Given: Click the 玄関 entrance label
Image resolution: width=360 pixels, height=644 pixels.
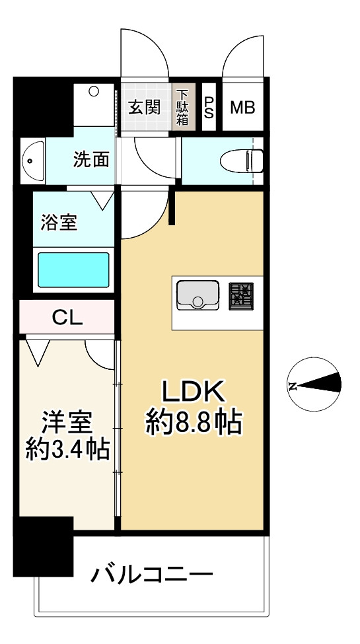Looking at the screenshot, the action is pos(144,108).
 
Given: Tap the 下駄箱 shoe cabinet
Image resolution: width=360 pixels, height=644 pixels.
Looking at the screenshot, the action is pos(183,107).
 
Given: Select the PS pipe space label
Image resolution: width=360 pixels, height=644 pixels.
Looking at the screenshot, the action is pos(209,108).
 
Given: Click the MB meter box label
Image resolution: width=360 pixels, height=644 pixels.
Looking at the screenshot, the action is pos(242,108).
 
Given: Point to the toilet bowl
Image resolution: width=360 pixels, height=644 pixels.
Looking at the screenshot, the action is pos(241,161).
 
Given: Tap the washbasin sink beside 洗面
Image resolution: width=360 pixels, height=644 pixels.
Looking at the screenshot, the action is pos(32,161).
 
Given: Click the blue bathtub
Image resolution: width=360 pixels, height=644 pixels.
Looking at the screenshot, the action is pos(73,270).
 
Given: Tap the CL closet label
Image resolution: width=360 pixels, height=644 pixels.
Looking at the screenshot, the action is pos(67,317).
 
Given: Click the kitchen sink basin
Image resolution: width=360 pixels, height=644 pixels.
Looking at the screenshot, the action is pos(198,295).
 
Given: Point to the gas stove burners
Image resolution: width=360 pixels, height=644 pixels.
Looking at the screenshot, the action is pos(241,296).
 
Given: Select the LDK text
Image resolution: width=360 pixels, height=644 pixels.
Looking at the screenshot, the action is pos(193,392).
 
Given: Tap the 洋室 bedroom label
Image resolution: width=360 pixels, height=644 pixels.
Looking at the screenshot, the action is pos(67,422).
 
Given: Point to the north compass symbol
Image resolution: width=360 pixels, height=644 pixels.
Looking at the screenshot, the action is pos(314,384).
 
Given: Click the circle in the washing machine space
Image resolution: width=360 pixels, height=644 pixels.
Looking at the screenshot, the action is pos(94,90).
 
